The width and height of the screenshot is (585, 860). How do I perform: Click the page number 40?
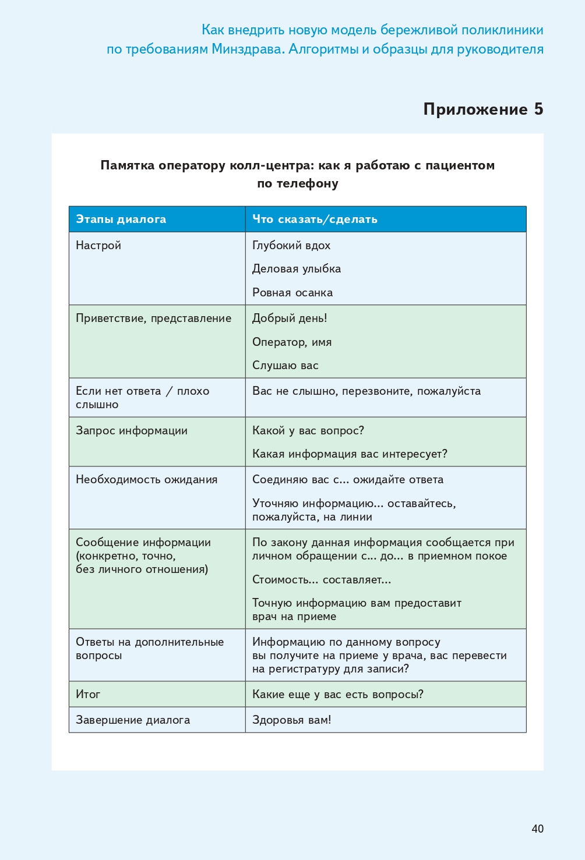coord(537,829)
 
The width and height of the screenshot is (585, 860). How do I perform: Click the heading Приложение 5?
coord(483,109)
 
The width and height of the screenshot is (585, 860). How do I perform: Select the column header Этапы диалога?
coord(121,220)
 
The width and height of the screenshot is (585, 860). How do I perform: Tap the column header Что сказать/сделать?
coord(315,220)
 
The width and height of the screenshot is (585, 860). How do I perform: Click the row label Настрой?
coord(98,245)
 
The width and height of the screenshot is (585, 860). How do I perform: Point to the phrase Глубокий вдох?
coord(291,245)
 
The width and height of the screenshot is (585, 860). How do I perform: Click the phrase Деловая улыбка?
coord(297,269)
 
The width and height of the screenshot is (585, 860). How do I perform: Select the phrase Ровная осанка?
coord(292,292)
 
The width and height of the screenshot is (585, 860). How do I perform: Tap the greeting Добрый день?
coord(290,318)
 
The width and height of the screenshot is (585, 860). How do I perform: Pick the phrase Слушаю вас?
coord(286,366)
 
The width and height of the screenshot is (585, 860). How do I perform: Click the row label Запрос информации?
coord(132,431)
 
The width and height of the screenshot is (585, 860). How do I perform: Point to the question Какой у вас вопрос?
coord(308,431)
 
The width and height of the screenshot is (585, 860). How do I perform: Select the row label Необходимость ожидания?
coord(147,480)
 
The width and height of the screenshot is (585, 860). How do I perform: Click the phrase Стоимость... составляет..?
coord(322,580)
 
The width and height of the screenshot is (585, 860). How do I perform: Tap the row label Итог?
coord(88,695)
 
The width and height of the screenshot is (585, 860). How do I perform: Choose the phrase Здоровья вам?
coord(292,720)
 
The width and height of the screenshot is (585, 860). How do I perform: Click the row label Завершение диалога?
coord(133,720)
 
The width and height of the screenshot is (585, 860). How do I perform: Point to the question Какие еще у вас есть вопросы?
coord(338,695)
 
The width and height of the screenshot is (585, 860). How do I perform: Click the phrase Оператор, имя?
coord(292,342)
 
